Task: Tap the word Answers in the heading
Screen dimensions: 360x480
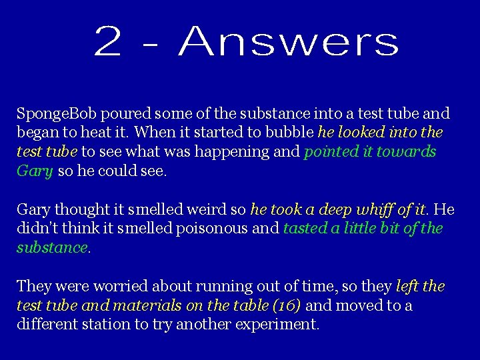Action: pos(289,41)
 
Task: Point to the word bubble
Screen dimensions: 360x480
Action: pos(291,133)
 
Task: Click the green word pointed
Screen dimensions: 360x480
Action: pos(329,152)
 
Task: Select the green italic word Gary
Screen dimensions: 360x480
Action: pos(35,171)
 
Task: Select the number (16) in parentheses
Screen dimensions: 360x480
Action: pos(284,305)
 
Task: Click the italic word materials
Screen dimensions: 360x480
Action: pos(146,305)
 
